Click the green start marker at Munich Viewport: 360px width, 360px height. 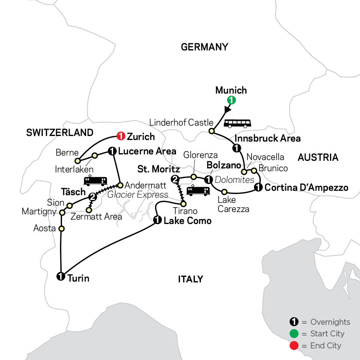tap(230, 100)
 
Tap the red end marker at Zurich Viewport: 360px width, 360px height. tap(120, 137)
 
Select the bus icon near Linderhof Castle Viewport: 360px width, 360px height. tap(236, 123)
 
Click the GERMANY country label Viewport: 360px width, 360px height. tap(204, 47)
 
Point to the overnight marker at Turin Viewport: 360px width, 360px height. tap(60, 276)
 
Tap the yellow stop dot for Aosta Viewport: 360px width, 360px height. tap(62, 229)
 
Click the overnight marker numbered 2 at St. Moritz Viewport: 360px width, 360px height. tap(174, 179)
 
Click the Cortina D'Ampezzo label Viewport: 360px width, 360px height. tap(306, 187)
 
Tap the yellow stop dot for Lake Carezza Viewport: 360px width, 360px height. tap(224, 191)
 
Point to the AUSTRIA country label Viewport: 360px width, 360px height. tap(318, 158)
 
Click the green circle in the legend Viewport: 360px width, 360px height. tap(294, 334)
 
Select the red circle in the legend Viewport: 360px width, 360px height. tap(294, 345)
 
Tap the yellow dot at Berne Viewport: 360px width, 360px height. tap(78, 161)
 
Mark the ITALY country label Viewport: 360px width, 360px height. tap(190, 279)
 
